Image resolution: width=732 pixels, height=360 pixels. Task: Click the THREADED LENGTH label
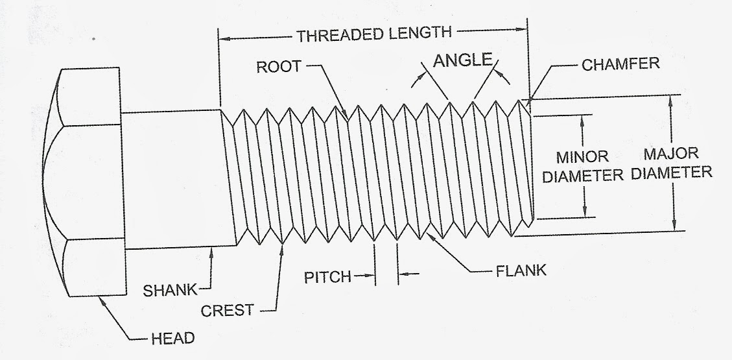click(375, 34)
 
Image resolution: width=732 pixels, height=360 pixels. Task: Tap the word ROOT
click(279, 67)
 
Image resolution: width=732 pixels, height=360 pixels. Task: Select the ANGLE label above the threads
click(463, 60)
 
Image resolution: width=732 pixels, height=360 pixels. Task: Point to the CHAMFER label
click(620, 64)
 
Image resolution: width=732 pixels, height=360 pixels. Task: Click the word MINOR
click(582, 156)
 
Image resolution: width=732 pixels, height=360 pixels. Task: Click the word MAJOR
click(671, 154)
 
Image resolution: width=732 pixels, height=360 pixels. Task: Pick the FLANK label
click(521, 271)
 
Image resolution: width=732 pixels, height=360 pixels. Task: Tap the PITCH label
click(327, 277)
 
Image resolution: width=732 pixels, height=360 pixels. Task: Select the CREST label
click(228, 311)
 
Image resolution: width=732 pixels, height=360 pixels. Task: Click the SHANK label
click(171, 291)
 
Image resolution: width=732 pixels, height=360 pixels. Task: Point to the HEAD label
click(172, 338)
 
